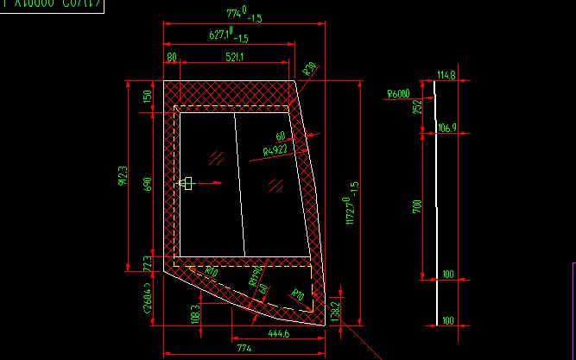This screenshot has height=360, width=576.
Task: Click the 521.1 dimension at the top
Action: tap(234, 57)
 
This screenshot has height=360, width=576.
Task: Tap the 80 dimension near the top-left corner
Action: tap(171, 57)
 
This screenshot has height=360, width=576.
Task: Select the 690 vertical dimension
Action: tap(147, 184)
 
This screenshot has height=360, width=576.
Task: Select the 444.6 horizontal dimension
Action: tap(278, 332)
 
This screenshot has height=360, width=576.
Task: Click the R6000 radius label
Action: tap(398, 93)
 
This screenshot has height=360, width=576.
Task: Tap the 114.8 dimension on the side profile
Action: tap(446, 75)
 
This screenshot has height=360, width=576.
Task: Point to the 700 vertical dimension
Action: tap(416, 206)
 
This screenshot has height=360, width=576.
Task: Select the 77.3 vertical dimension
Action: tap(147, 262)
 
